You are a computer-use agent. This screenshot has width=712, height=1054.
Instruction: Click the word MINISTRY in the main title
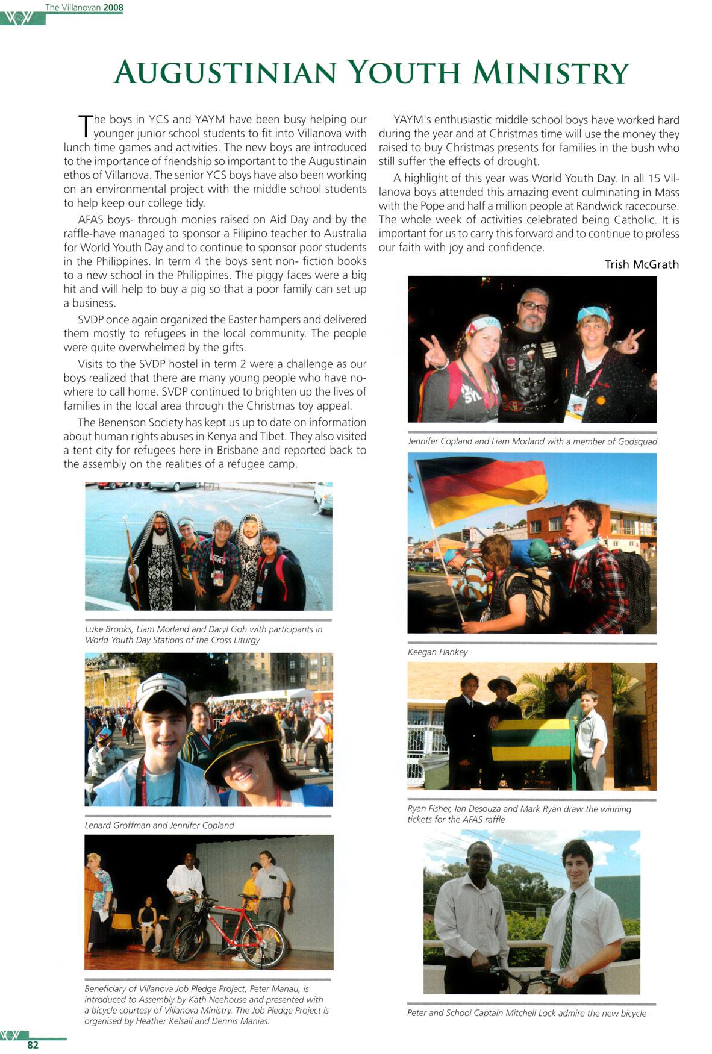click(551, 73)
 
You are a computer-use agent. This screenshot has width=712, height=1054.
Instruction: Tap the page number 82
click(33, 1044)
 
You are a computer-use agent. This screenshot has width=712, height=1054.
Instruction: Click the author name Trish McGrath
click(642, 264)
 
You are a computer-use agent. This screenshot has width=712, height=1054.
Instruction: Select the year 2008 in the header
click(113, 8)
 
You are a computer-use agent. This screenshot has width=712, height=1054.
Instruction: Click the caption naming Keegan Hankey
click(437, 652)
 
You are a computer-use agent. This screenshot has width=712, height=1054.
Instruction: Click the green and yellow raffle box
click(530, 740)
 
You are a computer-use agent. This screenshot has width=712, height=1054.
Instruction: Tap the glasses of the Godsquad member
click(533, 307)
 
